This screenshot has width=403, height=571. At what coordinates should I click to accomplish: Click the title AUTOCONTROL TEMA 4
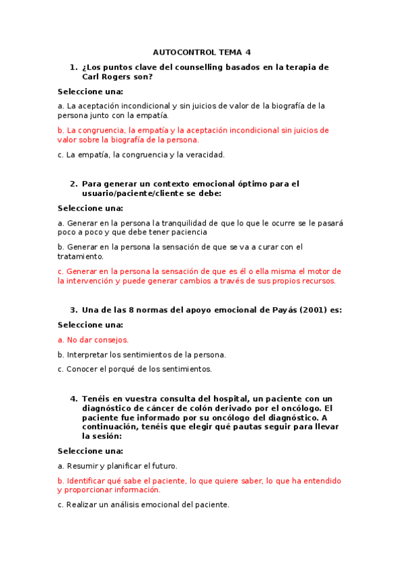pyautogui.click(x=201, y=53)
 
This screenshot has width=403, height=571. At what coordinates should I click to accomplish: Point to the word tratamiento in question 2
pyautogui.click(x=80, y=257)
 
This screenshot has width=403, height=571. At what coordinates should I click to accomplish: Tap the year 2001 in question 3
pyautogui.click(x=301, y=310)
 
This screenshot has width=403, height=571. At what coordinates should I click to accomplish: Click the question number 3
pyautogui.click(x=73, y=310)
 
